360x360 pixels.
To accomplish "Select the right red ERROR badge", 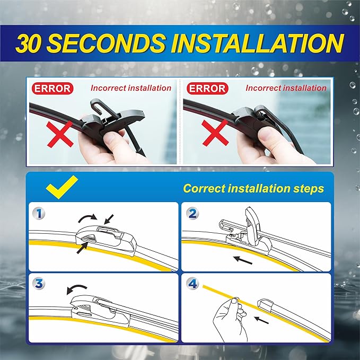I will click(207, 89).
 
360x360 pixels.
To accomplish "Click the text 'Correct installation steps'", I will click(253, 189).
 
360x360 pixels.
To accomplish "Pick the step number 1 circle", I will click(38, 214).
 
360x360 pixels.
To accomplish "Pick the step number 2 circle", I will click(193, 214).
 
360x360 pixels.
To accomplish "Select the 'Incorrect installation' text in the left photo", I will click(131, 88).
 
